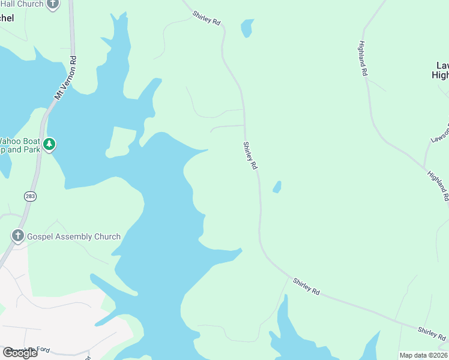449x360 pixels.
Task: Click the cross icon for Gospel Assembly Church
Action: (x=18, y=236)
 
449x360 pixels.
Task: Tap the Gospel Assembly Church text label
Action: (x=74, y=236)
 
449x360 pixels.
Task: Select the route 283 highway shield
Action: (x=30, y=196)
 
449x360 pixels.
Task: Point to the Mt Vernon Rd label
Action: (x=66, y=78)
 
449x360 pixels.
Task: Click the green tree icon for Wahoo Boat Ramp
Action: (x=49, y=144)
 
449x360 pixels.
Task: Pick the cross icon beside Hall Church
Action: (x=53, y=4)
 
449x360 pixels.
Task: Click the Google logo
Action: (x=20, y=353)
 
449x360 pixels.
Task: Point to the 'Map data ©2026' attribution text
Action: (x=424, y=355)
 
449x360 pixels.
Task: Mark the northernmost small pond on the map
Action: (x=247, y=28)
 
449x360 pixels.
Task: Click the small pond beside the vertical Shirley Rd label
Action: (x=277, y=187)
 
